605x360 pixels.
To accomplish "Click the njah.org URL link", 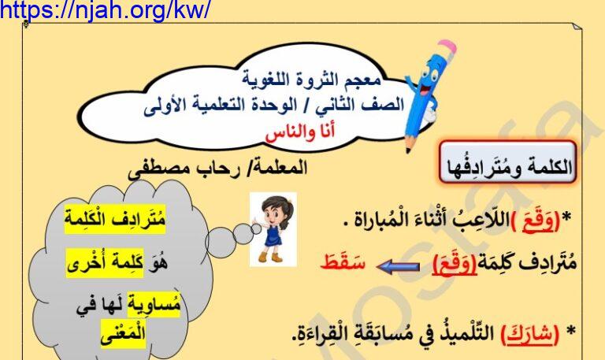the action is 106,10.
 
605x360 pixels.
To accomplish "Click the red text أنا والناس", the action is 300,132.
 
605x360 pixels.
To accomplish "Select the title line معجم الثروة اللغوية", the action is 312,80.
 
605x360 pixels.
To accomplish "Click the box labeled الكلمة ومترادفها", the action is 508,162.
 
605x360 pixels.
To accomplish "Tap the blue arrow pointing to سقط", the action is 397,266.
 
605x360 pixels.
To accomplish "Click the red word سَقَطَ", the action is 343,263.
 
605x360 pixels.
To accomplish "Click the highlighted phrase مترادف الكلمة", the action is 114,220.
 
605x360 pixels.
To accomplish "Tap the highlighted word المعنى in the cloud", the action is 123,333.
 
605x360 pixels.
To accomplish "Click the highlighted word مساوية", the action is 154,304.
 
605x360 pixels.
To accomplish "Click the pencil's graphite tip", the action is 408,150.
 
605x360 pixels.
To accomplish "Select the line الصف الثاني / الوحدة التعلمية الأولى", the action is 274,106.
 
